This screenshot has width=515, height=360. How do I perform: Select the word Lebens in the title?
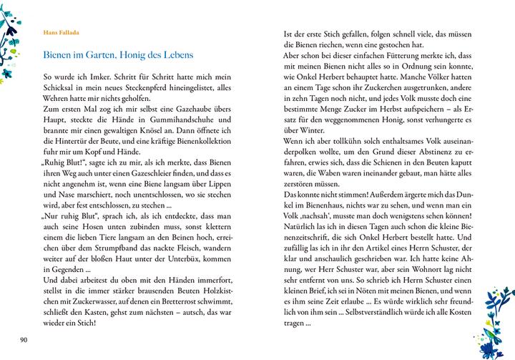click(x=177, y=55)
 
